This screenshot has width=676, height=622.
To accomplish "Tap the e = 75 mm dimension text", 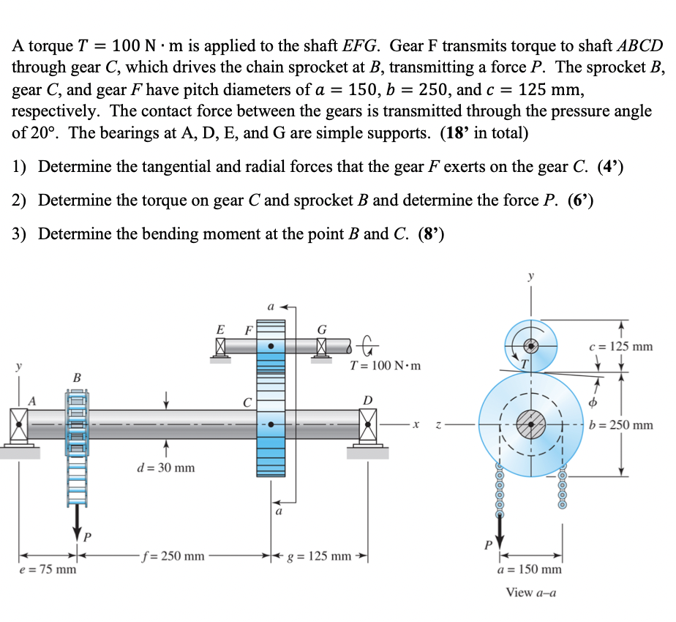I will point(48,569).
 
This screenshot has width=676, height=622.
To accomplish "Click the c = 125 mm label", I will point(621,345).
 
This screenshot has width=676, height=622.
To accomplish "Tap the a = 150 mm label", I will point(530,569).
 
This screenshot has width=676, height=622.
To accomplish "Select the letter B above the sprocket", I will point(76,378).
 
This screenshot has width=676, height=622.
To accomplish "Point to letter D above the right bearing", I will point(367,400).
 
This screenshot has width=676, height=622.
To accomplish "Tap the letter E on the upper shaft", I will point(219,329).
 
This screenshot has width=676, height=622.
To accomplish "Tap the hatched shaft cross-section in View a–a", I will point(530,424).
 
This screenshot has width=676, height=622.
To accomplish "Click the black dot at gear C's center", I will point(272,424).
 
